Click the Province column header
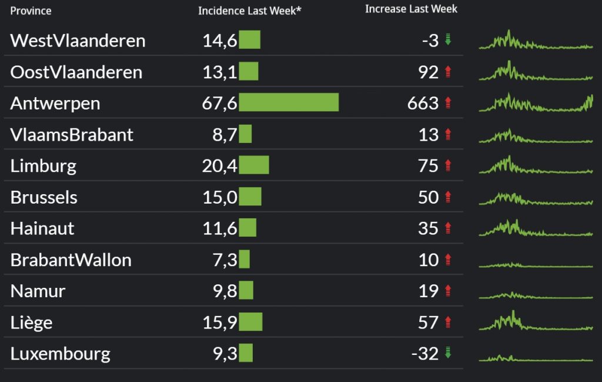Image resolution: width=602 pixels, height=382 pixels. [x=31, y=11]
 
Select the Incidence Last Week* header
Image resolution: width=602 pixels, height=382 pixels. [x=250, y=11]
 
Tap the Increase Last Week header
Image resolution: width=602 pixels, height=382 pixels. [x=411, y=9]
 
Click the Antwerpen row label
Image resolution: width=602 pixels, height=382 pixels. [x=55, y=103]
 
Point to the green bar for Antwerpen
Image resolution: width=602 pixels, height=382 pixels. [x=289, y=102]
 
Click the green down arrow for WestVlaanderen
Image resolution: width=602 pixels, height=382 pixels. [x=448, y=40]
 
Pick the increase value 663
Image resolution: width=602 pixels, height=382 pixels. [x=423, y=103]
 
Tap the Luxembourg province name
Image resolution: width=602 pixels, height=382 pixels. [x=61, y=354]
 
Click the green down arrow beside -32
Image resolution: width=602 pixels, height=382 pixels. [x=448, y=353]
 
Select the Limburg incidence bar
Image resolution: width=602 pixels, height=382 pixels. [x=254, y=165]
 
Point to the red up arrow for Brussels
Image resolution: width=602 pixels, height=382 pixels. [x=448, y=197]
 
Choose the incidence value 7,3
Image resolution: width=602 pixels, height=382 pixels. [x=225, y=260]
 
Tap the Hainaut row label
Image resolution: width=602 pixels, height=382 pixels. [x=42, y=228]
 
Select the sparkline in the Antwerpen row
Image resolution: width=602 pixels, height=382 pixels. [x=536, y=103]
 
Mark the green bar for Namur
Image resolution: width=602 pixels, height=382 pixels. [x=246, y=291]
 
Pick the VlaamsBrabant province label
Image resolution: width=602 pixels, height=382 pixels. [x=72, y=135]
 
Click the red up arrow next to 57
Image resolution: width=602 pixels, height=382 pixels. [x=448, y=322]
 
